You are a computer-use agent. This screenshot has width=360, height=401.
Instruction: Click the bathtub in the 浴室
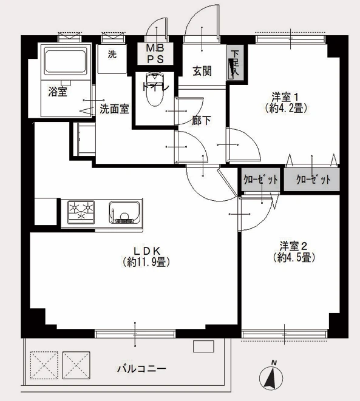[65, 60]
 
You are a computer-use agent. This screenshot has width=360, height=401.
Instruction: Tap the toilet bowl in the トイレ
[155, 90]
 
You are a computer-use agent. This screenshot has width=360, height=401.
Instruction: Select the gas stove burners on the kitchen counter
[81, 211]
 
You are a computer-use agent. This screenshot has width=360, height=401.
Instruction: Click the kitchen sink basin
[124, 212]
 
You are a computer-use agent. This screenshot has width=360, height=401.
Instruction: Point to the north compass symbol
[271, 376]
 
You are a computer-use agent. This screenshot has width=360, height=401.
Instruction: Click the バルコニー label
[141, 369]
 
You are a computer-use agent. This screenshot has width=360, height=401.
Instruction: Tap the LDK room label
[147, 251]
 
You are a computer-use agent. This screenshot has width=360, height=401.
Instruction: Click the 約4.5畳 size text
[294, 257]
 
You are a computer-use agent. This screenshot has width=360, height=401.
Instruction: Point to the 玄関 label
[202, 71]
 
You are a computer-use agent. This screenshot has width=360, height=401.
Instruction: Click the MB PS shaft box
[155, 53]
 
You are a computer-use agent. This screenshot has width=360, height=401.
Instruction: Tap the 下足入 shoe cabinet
[235, 62]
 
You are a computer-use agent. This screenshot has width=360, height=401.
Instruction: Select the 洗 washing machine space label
[112, 54]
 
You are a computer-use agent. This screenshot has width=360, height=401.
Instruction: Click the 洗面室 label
[114, 109]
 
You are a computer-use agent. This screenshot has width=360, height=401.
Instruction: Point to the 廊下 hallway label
[202, 121]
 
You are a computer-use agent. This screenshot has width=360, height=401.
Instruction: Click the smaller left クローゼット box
[260, 180]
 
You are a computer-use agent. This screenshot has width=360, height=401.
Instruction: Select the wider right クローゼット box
[311, 180]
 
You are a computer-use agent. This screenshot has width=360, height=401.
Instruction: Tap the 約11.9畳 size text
[146, 262]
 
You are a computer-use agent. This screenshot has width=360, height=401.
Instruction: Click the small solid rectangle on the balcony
[203, 346]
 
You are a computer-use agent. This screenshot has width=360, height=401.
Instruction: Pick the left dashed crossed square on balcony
[44, 365]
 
